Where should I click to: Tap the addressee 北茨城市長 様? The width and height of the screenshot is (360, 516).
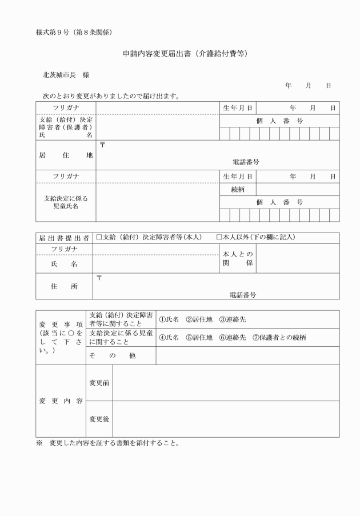[66, 75]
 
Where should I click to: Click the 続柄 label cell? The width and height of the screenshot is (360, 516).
[238, 189]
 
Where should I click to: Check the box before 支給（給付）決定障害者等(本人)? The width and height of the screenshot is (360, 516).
[99, 237]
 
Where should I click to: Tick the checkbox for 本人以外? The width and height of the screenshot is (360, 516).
[219, 237]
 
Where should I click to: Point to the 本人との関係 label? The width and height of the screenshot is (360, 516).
[238, 258]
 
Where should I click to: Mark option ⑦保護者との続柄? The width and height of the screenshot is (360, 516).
[279, 337]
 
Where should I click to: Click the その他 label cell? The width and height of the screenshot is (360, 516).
[120, 355]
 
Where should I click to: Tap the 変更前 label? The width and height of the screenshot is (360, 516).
[99, 382]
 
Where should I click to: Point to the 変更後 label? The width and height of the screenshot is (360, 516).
[99, 419]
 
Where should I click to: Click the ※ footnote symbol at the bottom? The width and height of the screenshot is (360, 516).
[39, 443]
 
